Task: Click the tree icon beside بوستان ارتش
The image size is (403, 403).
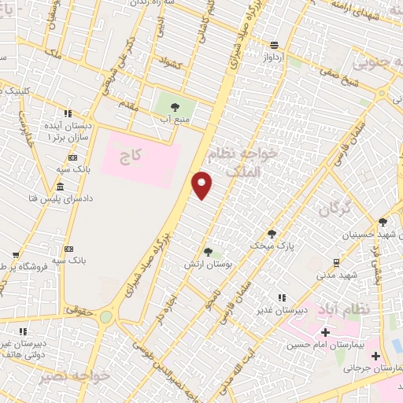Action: pyautogui.click(x=208, y=252)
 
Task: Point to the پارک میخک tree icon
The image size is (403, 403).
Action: pyautogui.click(x=272, y=233)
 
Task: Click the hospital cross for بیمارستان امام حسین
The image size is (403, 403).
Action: pyautogui.click(x=325, y=333)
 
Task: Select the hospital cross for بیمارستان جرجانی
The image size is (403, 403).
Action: pyautogui.click(x=375, y=356)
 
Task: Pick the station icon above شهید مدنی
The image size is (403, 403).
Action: pyautogui.click(x=336, y=262)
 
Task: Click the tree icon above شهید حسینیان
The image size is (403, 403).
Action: pyautogui.click(x=382, y=222)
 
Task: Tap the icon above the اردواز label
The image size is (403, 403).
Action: pyautogui.click(x=273, y=45)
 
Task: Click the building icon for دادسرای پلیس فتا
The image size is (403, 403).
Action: pyautogui.click(x=61, y=187)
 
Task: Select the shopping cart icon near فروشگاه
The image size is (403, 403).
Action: pyautogui.click(x=16, y=254)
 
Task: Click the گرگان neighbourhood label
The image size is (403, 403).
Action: pyautogui.click(x=336, y=209)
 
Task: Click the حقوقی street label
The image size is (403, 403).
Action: pyautogui.click(x=79, y=310)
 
